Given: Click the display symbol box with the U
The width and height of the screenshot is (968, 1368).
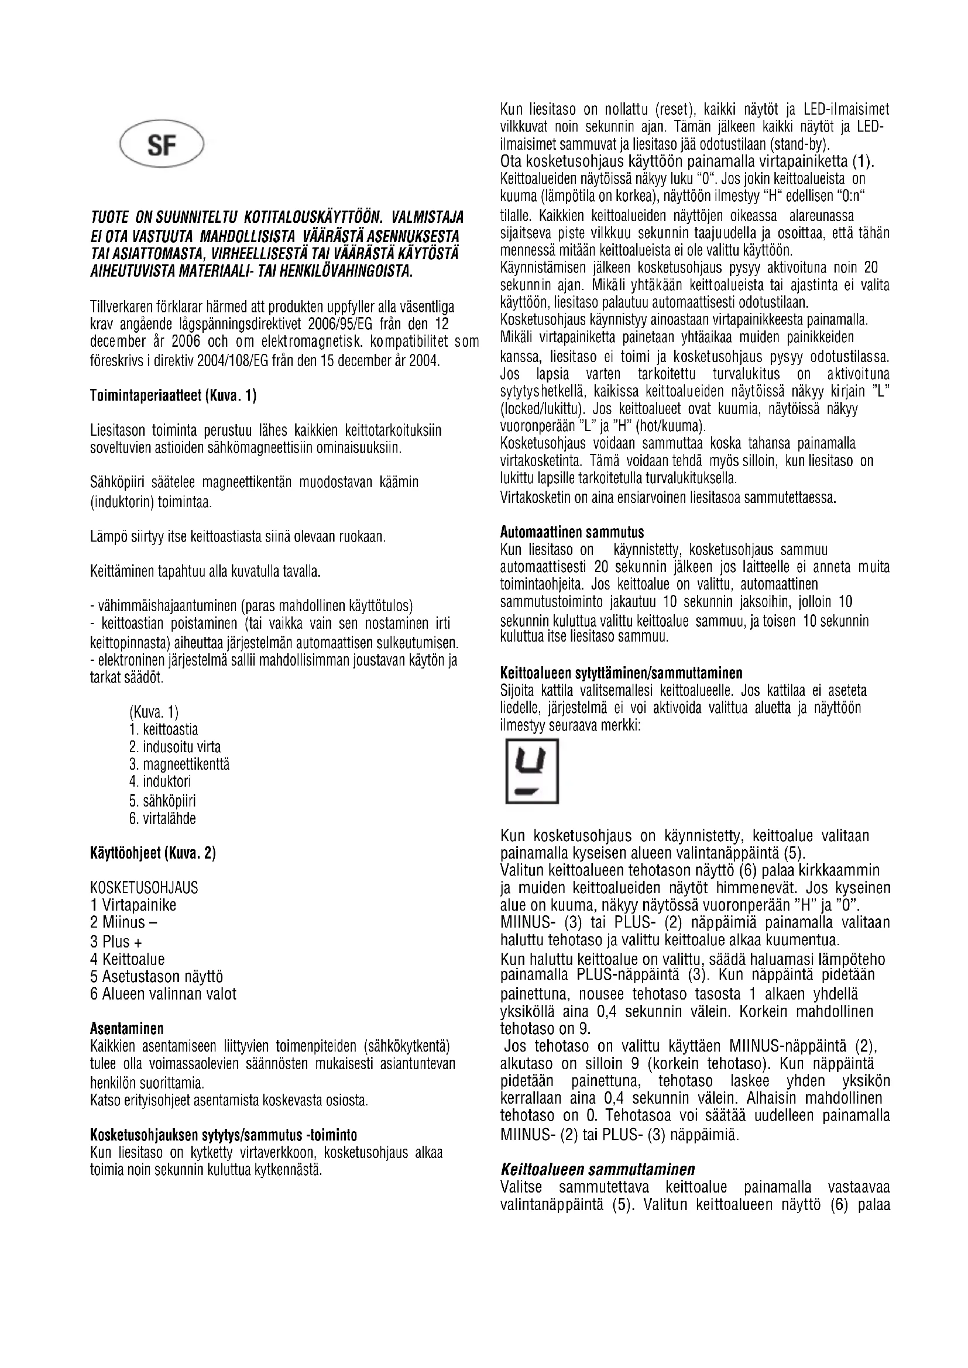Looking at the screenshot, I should point(531,771).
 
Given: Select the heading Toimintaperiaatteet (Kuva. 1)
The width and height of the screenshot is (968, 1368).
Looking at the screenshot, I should point(173,395).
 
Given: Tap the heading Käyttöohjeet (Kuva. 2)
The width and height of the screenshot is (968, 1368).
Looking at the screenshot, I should point(153,853).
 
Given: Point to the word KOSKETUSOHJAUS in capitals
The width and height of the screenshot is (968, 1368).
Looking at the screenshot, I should point(143,888).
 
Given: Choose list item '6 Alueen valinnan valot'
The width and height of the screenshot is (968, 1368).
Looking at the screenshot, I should point(163,994).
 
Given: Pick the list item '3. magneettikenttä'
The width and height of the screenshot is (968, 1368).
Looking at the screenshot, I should point(179,764).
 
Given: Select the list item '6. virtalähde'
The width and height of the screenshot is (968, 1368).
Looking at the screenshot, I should point(162,818).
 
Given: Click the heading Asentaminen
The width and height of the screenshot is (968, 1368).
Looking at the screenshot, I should point(126,1028).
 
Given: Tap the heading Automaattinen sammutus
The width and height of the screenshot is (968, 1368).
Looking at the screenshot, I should point(572,532).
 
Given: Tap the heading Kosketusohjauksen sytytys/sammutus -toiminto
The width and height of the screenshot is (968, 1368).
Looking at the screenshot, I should point(224,1134).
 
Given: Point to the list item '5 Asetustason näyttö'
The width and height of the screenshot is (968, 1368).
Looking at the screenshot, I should point(156,976).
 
